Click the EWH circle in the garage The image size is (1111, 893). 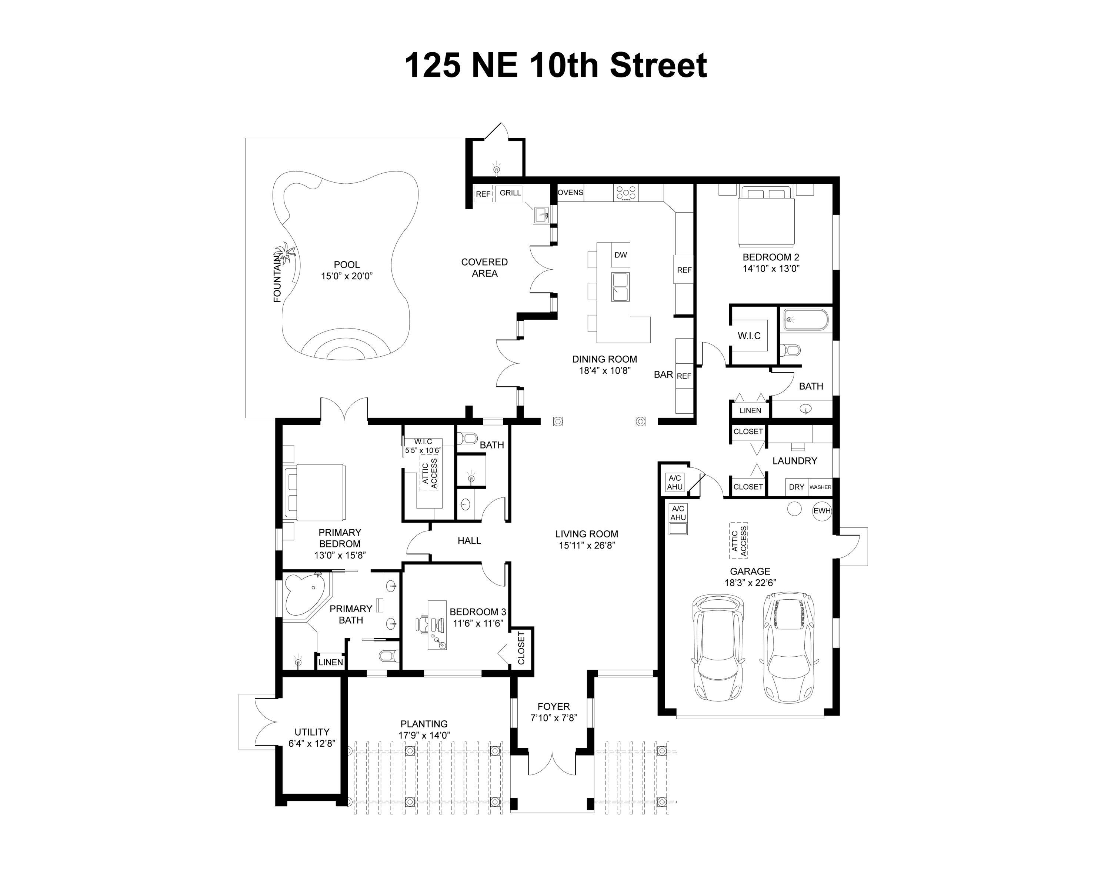821,511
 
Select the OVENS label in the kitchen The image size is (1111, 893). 570,193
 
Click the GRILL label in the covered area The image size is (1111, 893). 510,193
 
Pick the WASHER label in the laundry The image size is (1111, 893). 820,487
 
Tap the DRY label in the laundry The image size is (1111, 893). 796,487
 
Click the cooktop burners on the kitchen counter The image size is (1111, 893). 625,193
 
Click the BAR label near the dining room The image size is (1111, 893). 663,374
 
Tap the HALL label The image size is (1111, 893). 469,540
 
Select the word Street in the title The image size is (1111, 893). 658,66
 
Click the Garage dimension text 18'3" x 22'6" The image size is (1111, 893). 750,583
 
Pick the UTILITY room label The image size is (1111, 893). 312,732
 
